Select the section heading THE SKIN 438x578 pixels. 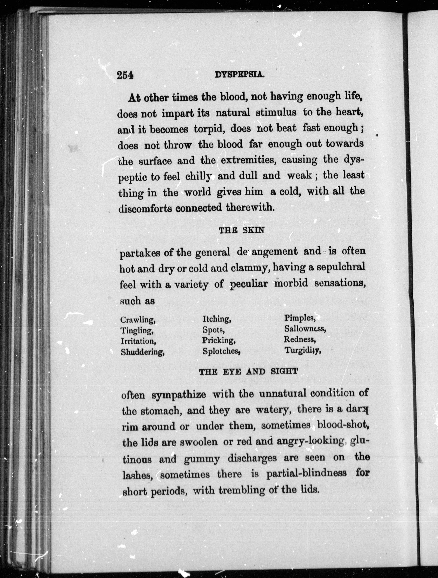click(x=241, y=230)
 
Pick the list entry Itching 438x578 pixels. click(x=217, y=319)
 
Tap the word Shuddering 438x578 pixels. click(x=142, y=352)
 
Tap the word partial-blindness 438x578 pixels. click(x=306, y=473)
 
